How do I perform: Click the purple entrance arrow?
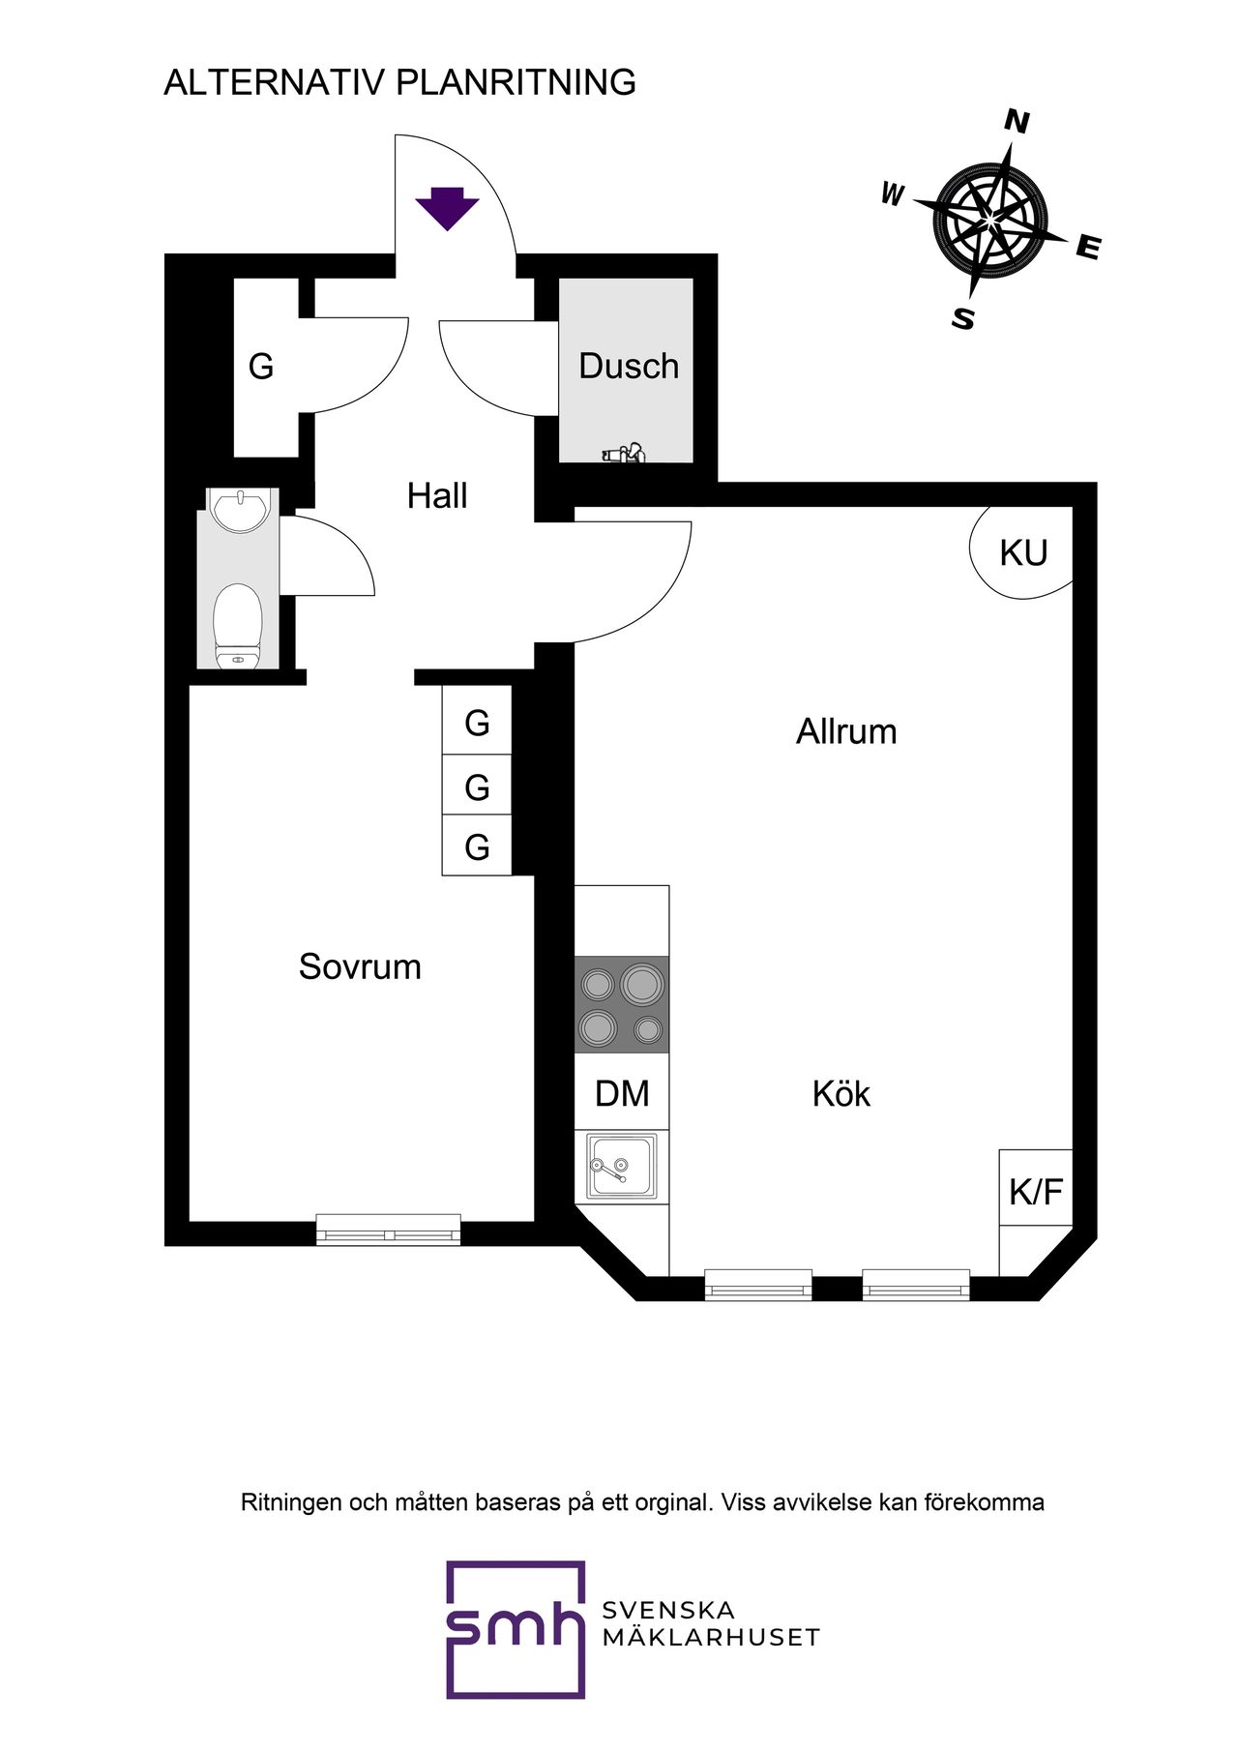click(x=447, y=208)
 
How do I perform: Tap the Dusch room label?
click(x=629, y=366)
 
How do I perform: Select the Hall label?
click(x=437, y=495)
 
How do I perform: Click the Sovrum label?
click(x=360, y=966)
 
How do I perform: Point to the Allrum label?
click(x=846, y=731)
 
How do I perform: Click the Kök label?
click(x=841, y=1093)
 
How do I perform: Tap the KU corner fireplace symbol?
click(x=1021, y=552)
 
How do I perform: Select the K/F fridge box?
click(x=1036, y=1188)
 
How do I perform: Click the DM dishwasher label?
click(x=622, y=1093)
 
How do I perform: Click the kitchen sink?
click(x=622, y=1167)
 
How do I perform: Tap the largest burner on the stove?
click(x=642, y=984)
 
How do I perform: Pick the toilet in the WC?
click(x=237, y=625)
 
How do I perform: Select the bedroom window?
click(x=389, y=1230)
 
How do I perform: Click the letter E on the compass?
click(x=1088, y=248)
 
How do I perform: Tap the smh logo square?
click(x=516, y=1629)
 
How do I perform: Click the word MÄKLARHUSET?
click(x=711, y=1637)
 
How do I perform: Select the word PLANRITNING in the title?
click(x=516, y=82)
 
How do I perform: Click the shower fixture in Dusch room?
click(x=624, y=452)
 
